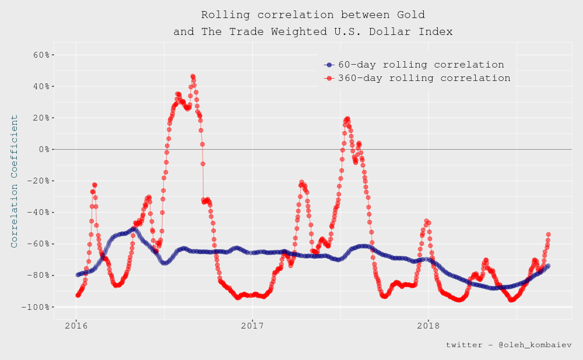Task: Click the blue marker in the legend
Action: click(x=329, y=65)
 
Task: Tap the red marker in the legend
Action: click(x=329, y=78)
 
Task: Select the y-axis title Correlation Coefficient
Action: click(x=15, y=181)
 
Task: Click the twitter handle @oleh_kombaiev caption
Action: click(x=508, y=345)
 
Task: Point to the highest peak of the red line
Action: click(x=192, y=76)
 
